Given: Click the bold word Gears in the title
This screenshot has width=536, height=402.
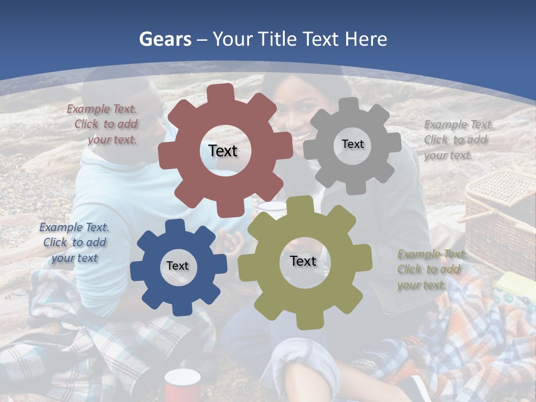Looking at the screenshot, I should (165, 39).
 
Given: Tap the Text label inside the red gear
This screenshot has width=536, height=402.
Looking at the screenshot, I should (223, 151).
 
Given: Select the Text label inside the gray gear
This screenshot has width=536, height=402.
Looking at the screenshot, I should (352, 144).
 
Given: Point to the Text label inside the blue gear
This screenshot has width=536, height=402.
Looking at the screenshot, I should (178, 266).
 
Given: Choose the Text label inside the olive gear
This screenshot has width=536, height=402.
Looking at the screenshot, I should (303, 261).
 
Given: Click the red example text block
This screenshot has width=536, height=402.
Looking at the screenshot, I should (102, 125).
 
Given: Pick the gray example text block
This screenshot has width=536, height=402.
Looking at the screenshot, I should (456, 140).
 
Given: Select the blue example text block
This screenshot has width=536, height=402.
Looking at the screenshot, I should (74, 242).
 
